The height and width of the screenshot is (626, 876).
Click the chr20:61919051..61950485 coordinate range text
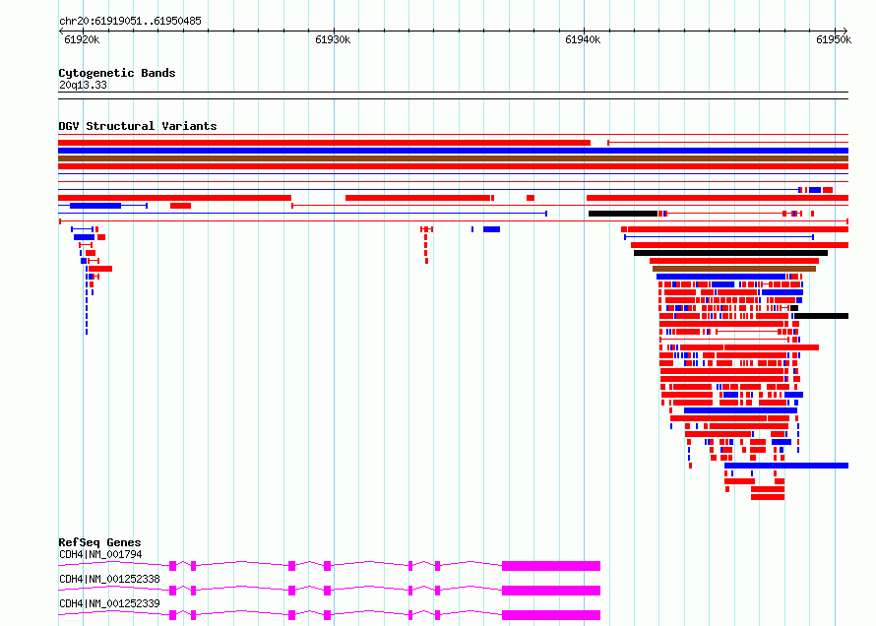pyautogui.click(x=130, y=22)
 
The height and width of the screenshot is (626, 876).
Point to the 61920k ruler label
pyautogui.click(x=82, y=39)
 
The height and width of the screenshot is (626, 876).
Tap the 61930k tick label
pyautogui.click(x=333, y=39)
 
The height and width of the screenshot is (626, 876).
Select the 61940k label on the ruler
pyautogui.click(x=583, y=39)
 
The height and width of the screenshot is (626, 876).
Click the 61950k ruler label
pyautogui.click(x=834, y=39)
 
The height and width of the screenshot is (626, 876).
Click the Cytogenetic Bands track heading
pyautogui.click(x=117, y=73)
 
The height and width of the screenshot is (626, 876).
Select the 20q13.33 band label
pyautogui.click(x=83, y=85)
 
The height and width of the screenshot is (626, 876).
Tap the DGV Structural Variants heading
pyautogui.click(x=138, y=126)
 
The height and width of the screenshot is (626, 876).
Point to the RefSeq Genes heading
pyautogui.click(x=99, y=542)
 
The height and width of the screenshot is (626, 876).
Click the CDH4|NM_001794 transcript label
pyautogui.click(x=100, y=554)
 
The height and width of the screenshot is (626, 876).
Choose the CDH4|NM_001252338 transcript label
pyautogui.click(x=109, y=579)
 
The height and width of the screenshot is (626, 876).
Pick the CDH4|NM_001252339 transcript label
pyautogui.click(x=109, y=603)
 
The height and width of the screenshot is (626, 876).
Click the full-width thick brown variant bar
pyautogui.click(x=453, y=158)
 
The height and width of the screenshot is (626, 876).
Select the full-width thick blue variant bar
pyautogui.click(x=453, y=151)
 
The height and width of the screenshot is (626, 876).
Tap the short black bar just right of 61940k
pyautogui.click(x=623, y=214)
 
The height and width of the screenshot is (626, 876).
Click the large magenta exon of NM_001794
pyautogui.click(x=551, y=566)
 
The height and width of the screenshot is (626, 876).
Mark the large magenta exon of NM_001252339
pyautogui.click(x=551, y=615)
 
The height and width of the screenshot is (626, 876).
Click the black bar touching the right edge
pyautogui.click(x=821, y=316)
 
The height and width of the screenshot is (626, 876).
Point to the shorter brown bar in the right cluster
pyautogui.click(x=734, y=269)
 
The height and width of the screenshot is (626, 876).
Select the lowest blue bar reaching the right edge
pyautogui.click(x=786, y=466)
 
